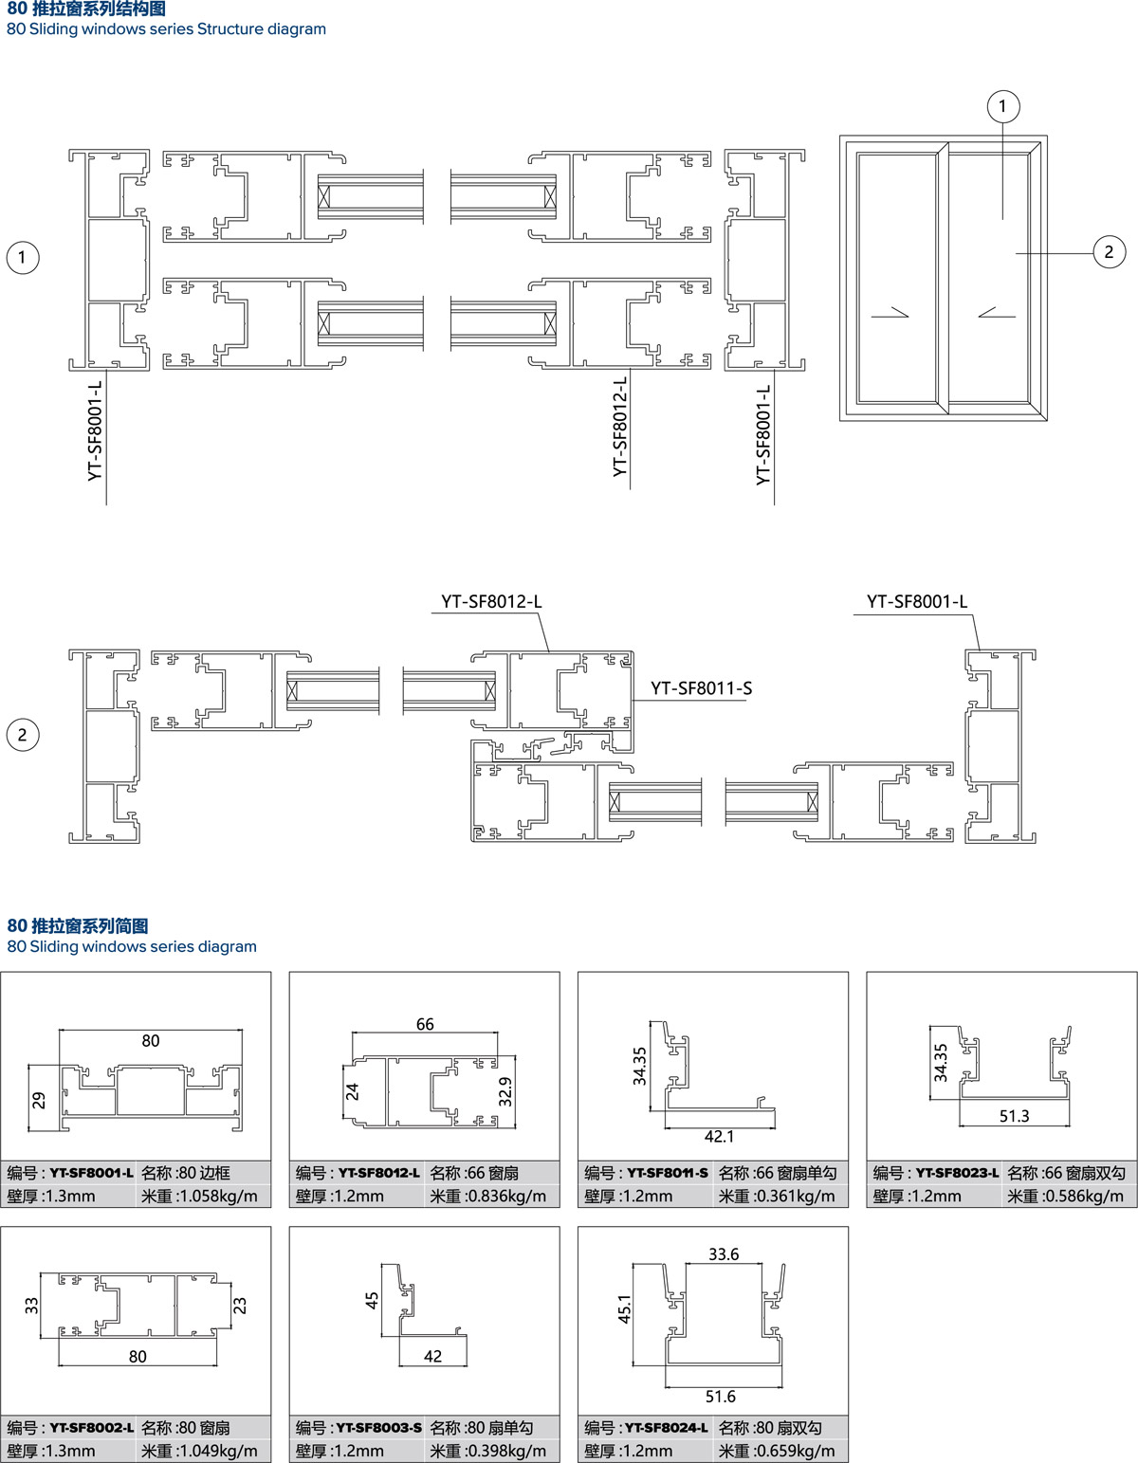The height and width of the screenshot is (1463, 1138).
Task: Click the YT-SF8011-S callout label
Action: [701, 688]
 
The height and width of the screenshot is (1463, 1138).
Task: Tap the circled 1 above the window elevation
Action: [1002, 106]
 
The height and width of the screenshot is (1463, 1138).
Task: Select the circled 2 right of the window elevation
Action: [1109, 252]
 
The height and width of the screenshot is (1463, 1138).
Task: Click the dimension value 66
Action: [425, 1024]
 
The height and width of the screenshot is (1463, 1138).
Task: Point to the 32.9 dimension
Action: [505, 1091]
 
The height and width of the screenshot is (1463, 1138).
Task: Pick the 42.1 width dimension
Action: [719, 1137]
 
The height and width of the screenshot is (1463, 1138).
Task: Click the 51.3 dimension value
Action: [1014, 1116]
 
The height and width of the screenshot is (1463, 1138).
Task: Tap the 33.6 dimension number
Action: [724, 1254]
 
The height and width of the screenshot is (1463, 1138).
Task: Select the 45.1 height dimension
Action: [624, 1308]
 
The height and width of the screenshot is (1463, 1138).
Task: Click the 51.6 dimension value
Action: [721, 1397]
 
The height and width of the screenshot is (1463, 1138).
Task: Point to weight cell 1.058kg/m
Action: [199, 1197]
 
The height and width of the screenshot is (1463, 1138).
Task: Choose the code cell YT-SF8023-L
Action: [936, 1173]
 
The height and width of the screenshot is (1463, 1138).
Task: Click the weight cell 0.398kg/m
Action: [488, 1451]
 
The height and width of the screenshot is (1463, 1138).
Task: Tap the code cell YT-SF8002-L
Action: [70, 1427]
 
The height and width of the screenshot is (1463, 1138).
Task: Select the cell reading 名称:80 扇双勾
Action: [770, 1427]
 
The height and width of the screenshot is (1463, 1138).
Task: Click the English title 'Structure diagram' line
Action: [166, 29]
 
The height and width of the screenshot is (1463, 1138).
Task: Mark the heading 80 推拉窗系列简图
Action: [78, 925]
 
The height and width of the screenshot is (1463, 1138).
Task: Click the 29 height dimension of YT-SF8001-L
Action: [39, 1100]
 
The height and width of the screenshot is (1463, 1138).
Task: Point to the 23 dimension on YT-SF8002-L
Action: [240, 1306]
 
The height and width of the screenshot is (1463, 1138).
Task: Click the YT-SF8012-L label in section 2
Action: [491, 601]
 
